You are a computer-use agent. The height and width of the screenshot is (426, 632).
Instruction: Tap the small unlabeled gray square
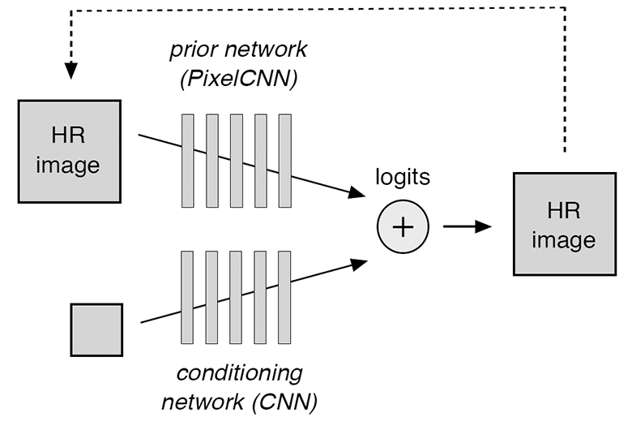[96, 329]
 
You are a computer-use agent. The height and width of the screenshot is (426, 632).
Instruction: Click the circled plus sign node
[403, 227]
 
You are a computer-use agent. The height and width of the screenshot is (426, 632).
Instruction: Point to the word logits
[403, 177]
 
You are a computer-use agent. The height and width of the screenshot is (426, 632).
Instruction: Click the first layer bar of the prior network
[188, 161]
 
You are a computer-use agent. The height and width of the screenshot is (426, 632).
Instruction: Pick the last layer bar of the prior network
[284, 161]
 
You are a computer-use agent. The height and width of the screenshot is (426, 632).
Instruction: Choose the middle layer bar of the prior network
[237, 161]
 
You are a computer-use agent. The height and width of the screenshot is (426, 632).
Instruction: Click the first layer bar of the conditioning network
[188, 298]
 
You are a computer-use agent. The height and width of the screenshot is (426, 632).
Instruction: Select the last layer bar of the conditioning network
[284, 298]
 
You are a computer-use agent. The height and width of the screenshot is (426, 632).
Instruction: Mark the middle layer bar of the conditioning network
[237, 298]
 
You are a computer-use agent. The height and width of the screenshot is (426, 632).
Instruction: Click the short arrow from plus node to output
[468, 227]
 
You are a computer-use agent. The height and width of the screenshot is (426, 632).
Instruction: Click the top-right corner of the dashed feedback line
[564, 7]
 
